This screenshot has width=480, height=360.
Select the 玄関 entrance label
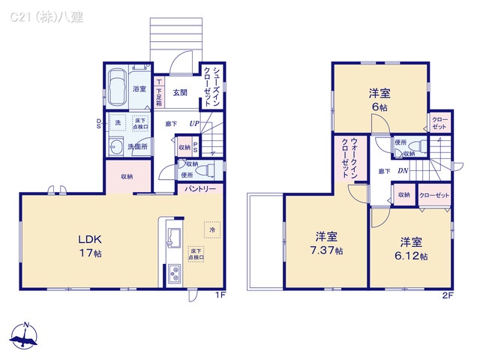tap(180, 93)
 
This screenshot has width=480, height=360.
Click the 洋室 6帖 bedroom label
tap(379, 100)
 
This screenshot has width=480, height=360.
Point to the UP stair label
tap(194, 124)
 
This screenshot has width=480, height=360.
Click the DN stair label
tap(403, 172)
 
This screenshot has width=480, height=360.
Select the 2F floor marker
tap(448, 295)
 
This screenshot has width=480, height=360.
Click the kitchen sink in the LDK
tap(171, 236)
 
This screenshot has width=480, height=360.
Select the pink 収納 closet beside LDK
tap(127, 176)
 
